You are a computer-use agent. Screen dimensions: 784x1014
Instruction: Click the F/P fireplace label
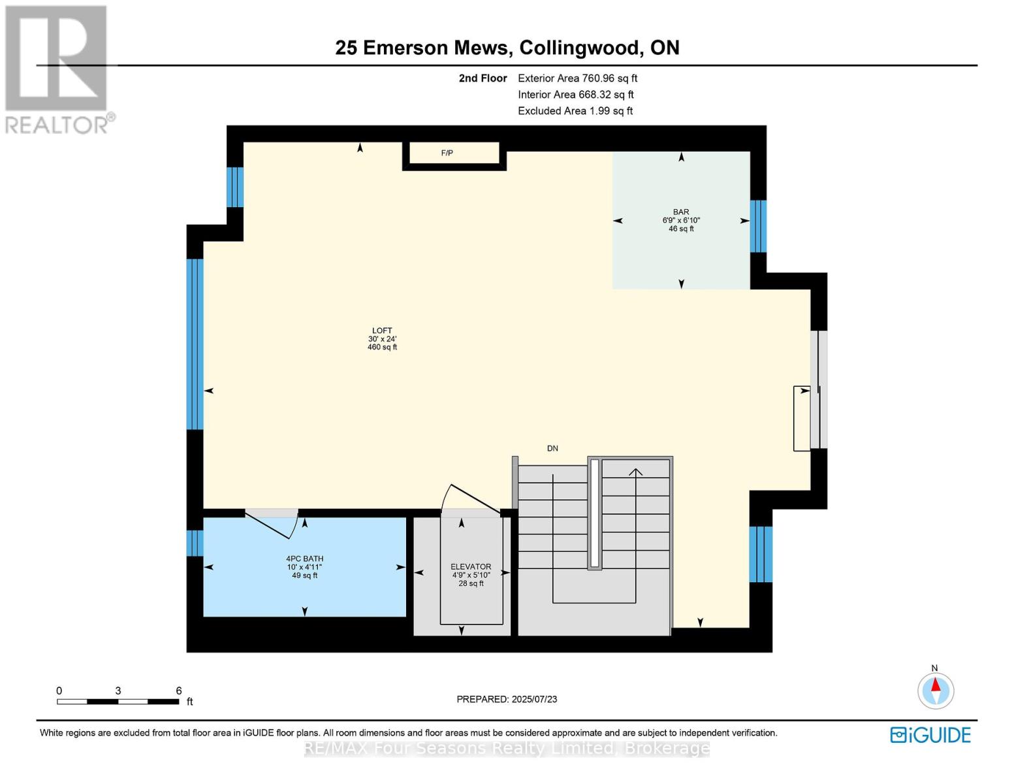(x=447, y=153)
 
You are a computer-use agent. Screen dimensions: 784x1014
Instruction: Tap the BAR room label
(x=681, y=212)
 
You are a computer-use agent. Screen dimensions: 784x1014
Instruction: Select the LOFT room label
(x=382, y=331)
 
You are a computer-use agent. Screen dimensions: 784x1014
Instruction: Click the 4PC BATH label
(x=304, y=559)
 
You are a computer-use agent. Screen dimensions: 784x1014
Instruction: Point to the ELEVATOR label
(x=471, y=566)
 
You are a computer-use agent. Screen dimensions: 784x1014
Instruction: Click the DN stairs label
(x=552, y=448)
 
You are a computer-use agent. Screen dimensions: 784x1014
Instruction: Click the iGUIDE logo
(x=930, y=735)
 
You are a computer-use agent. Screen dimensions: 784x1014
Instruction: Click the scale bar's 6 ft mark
(x=179, y=691)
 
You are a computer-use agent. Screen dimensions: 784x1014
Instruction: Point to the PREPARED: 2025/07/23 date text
(x=507, y=699)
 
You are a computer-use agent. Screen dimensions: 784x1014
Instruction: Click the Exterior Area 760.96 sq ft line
(x=577, y=78)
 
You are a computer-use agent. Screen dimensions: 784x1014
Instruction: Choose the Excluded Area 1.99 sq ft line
(x=575, y=111)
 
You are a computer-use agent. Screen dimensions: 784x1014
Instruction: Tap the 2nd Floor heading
(x=483, y=78)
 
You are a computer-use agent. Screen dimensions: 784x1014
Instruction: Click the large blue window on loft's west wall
(x=195, y=344)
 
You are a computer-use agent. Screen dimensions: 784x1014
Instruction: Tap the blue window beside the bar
(x=758, y=226)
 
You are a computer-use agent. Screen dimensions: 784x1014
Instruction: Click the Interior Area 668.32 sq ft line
(x=576, y=95)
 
